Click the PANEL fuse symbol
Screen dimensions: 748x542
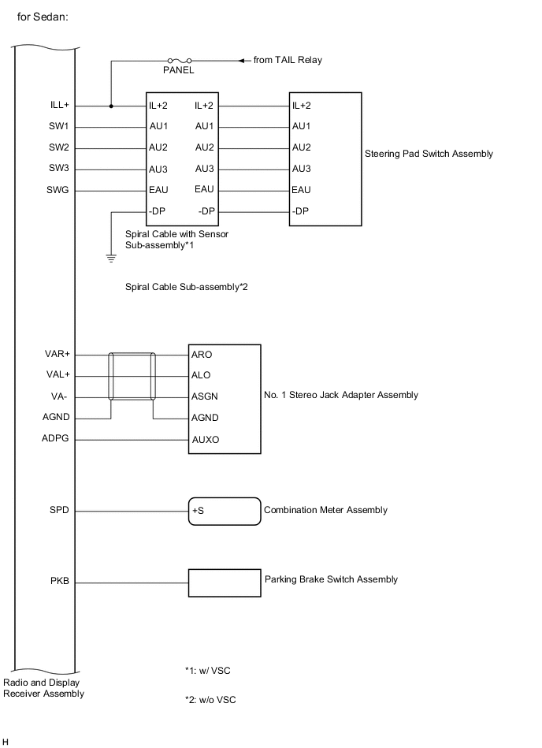(178, 60)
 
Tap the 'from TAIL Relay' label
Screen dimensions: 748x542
(288, 60)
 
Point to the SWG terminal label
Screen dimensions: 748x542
(58, 189)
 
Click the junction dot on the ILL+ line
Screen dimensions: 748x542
(111, 106)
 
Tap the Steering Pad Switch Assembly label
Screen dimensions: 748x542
(429, 154)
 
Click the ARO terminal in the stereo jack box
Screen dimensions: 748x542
(202, 355)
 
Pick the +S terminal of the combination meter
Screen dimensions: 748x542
(198, 511)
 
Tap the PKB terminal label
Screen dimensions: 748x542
(60, 582)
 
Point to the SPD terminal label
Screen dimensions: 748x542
(60, 510)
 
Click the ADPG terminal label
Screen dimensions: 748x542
(58, 438)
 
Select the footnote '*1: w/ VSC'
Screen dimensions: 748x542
(208, 671)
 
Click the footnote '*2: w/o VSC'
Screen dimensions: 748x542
(210, 699)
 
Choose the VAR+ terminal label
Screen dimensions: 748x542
(58, 355)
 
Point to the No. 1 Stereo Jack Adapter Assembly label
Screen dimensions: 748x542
(341, 395)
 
